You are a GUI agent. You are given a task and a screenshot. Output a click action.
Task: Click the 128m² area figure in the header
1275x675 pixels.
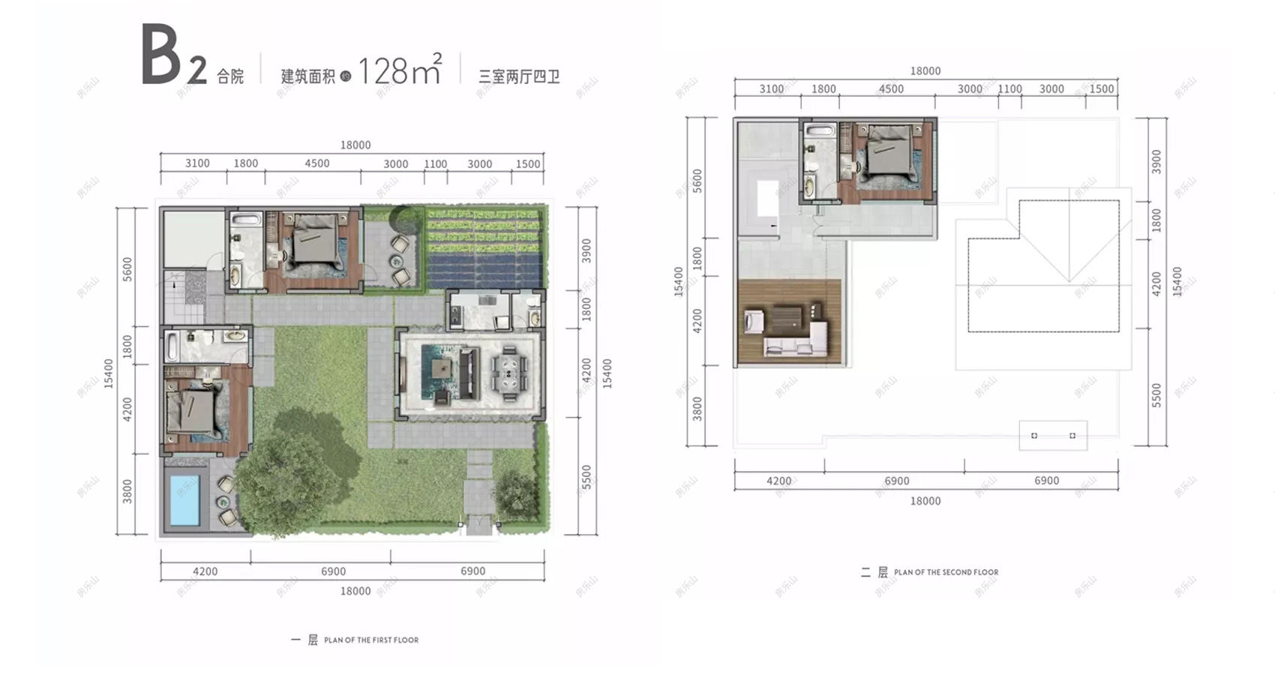[x=398, y=71]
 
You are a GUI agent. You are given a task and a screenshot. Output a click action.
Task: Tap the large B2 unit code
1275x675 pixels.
[x=172, y=57]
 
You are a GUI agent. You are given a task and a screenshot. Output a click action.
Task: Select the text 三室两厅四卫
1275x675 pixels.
[x=519, y=76]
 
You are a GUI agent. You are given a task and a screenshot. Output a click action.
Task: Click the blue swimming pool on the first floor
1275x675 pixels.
[x=184, y=499]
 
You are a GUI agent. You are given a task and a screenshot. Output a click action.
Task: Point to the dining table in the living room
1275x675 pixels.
[x=509, y=370]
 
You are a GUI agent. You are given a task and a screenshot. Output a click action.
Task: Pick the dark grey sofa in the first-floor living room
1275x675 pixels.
[x=469, y=373]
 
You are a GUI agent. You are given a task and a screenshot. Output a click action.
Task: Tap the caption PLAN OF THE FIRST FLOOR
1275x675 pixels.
[x=371, y=640]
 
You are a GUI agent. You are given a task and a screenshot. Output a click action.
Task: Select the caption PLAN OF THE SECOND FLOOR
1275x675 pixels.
[x=946, y=572]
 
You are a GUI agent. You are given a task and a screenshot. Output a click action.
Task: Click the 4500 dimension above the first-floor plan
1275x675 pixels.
[x=316, y=163]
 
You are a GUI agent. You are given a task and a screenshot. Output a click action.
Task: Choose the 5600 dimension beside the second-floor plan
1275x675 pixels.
[x=697, y=180]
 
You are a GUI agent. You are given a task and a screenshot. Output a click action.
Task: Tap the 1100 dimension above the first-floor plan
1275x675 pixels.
[x=435, y=164]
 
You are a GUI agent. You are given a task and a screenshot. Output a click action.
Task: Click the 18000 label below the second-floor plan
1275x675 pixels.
[x=925, y=500]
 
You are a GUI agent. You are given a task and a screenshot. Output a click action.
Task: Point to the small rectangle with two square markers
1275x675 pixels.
[x=1053, y=435]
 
